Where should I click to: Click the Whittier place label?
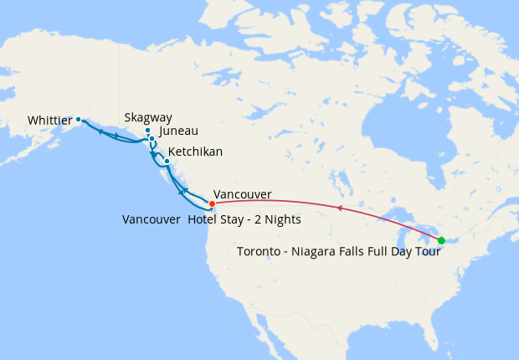(49, 121)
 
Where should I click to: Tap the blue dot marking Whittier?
(79, 119)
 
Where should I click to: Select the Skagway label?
(147, 118)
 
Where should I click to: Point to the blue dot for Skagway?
(147, 131)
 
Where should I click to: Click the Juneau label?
(178, 131)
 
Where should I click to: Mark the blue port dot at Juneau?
(152, 138)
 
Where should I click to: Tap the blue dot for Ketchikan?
(167, 161)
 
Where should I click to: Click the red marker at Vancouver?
(212, 203)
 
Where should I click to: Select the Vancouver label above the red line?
(243, 194)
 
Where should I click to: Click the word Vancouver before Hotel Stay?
(151, 220)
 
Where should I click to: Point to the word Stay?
(236, 220)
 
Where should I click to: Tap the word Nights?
(282, 220)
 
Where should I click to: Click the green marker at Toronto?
(441, 240)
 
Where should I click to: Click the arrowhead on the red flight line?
(339, 208)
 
